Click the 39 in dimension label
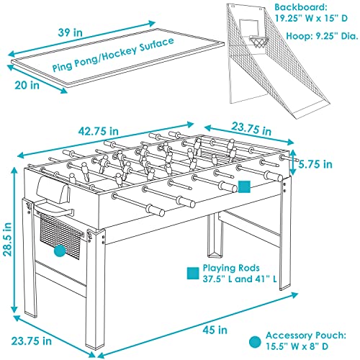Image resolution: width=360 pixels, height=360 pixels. pos(70,32)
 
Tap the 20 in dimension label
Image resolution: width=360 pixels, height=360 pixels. pos(27,85)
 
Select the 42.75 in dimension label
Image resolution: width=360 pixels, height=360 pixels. pos(99,131)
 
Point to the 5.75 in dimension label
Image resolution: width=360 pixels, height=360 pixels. pos(315,164)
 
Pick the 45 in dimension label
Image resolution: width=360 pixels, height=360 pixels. pos(215,330)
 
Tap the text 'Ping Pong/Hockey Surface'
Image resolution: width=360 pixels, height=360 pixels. pos(113,55)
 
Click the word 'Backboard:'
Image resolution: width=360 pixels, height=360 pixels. pos(301,7)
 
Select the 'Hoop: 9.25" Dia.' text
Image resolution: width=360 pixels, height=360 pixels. pos(322,36)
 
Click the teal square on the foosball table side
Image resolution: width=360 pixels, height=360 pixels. pos(244,186)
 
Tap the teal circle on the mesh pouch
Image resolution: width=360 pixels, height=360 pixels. pos(60,251)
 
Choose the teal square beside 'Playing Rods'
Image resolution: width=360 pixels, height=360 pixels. pos(193,274)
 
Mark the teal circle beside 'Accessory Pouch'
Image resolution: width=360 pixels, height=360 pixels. pos(255,341)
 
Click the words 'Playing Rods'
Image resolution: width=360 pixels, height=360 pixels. pos(231,268)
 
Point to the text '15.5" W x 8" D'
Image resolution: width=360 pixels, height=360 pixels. pos(297,346)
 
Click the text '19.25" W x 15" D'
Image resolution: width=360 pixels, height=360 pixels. pos(311,18)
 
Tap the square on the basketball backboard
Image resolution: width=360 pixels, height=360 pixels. pos(249,27)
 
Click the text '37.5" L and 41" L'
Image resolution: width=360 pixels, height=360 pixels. pos(240,279)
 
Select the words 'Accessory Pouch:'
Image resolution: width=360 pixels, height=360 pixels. pos(306,336)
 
